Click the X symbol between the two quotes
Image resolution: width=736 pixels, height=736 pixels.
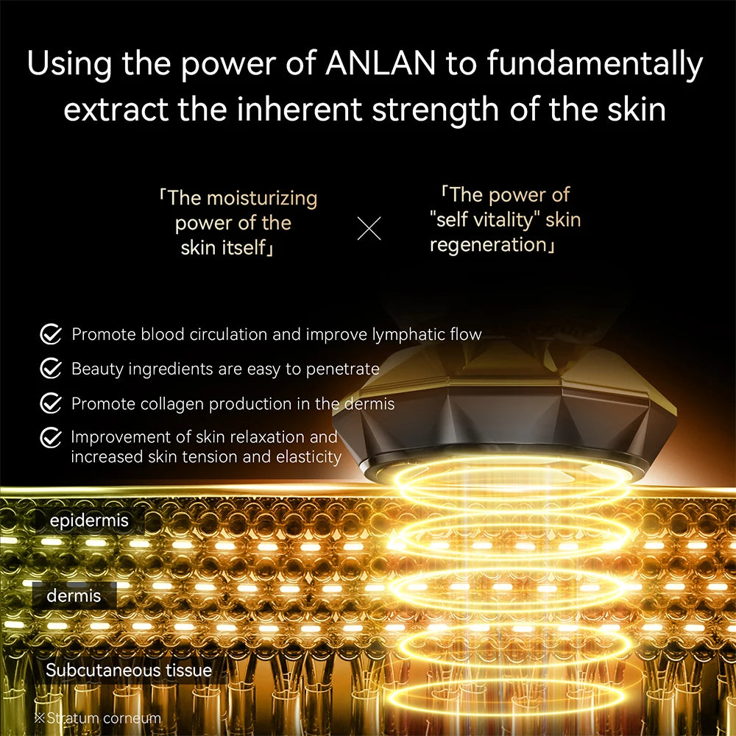click(369, 229)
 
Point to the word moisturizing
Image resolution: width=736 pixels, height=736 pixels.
click(262, 198)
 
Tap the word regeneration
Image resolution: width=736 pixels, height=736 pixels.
click(489, 244)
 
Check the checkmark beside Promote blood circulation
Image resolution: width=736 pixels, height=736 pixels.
click(50, 335)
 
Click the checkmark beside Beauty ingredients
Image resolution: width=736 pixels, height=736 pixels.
click(50, 369)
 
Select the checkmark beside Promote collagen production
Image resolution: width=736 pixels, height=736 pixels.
click(50, 403)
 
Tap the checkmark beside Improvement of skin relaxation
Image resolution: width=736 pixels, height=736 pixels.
click(50, 438)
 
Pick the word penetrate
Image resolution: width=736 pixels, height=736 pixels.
click(342, 369)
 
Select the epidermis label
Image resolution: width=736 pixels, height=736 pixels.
click(89, 521)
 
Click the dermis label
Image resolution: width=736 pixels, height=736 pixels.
click(74, 595)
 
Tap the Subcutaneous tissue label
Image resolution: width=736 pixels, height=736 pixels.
click(129, 670)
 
